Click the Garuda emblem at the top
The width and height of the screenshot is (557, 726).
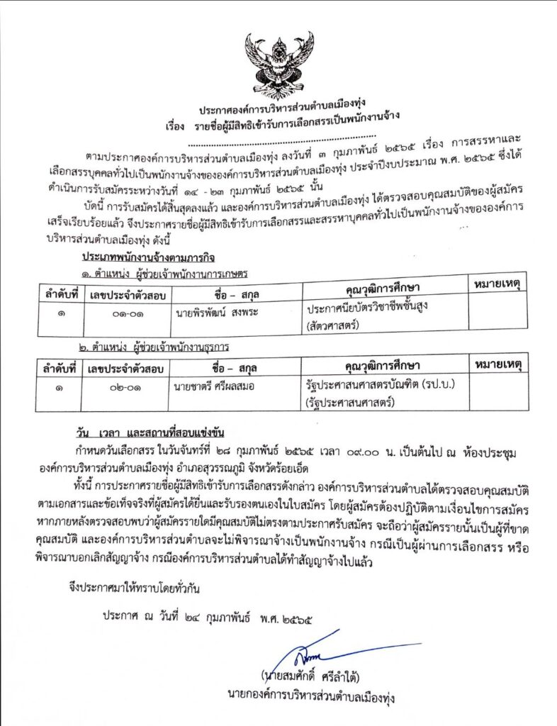point(278,64)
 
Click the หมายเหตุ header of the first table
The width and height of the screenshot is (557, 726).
point(496,284)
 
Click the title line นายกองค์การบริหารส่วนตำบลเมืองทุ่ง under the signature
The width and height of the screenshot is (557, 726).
point(312,695)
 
